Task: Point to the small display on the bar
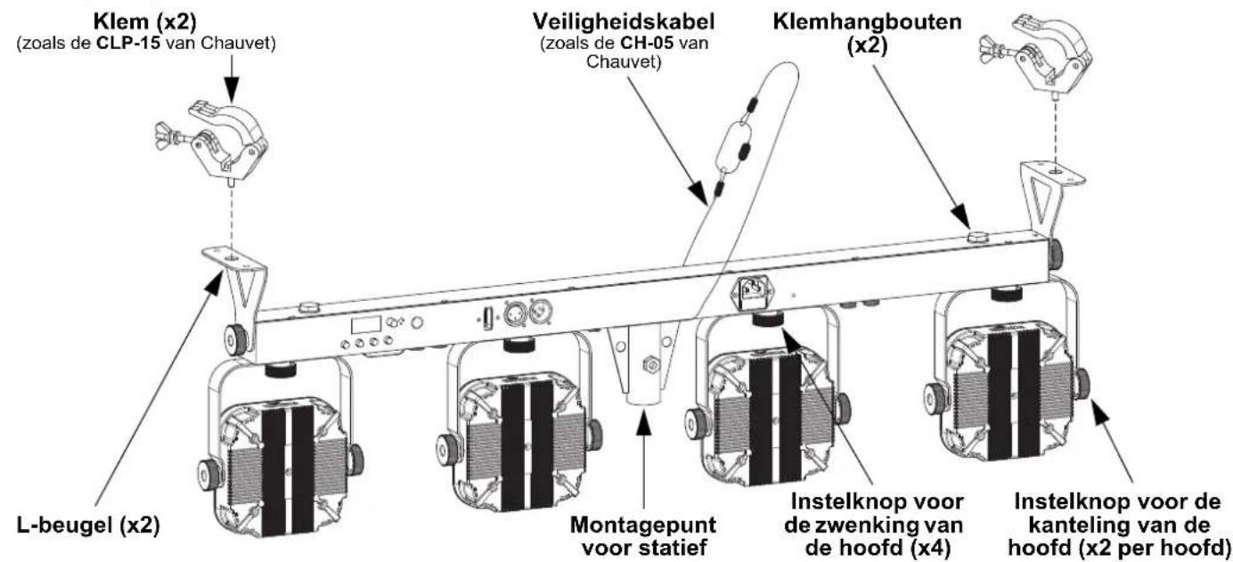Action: click(366, 325)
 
